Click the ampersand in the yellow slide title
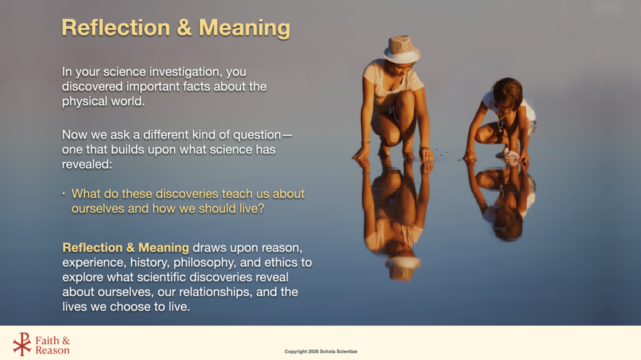click(x=185, y=28)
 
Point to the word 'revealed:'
click(x=86, y=165)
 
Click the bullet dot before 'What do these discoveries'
click(x=64, y=193)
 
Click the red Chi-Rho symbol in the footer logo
click(x=22, y=344)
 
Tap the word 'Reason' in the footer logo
click(x=53, y=351)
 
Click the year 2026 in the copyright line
click(x=313, y=351)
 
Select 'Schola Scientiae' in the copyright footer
click(x=339, y=351)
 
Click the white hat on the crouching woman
click(x=402, y=49)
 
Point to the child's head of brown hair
click(x=508, y=92)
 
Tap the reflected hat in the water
click(x=403, y=268)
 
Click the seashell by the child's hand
click(x=512, y=157)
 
